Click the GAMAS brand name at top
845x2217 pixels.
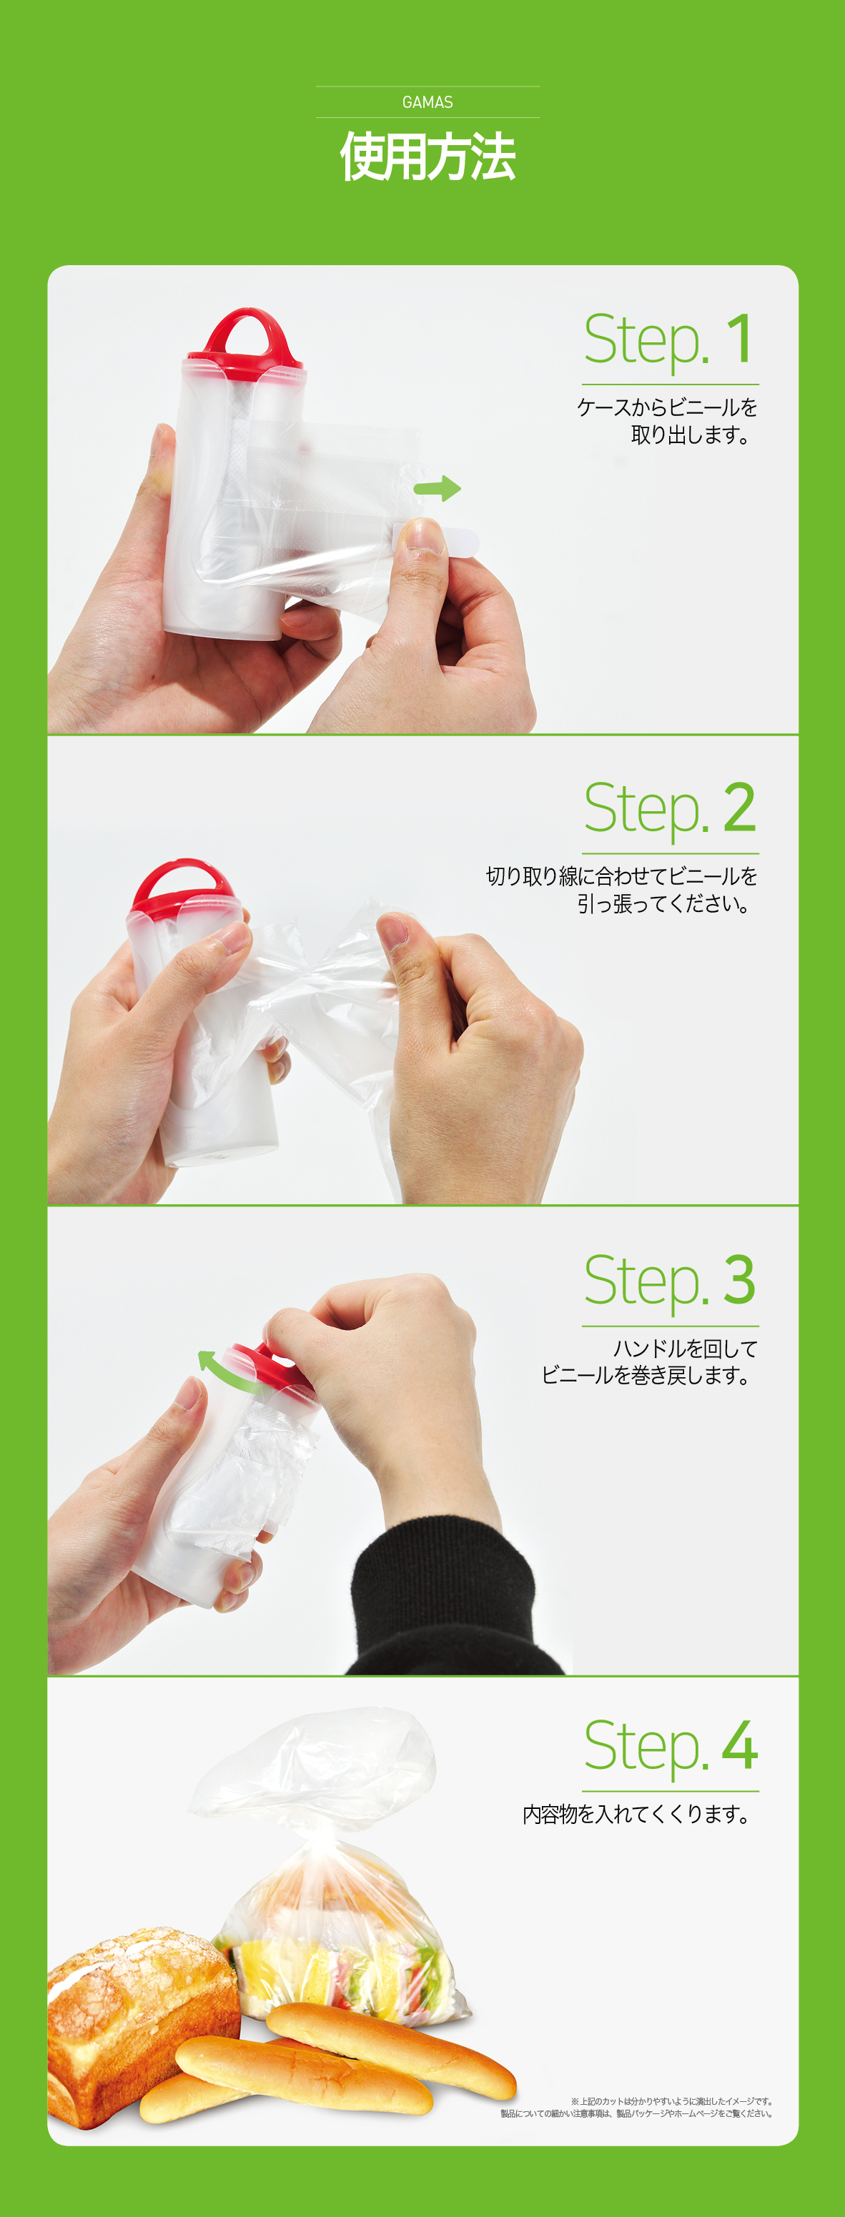427,102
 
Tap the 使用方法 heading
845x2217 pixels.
428,157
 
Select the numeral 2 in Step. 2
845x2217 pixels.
739,808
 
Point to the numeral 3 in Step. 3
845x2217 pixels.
739,1281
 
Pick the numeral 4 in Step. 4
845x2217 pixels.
739,1746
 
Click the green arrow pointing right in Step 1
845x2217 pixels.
437,489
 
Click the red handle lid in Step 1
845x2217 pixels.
246,344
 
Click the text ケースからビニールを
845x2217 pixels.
667,407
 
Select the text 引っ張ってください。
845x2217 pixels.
663,903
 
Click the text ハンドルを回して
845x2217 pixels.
685,1349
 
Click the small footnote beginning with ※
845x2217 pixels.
638,2107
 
